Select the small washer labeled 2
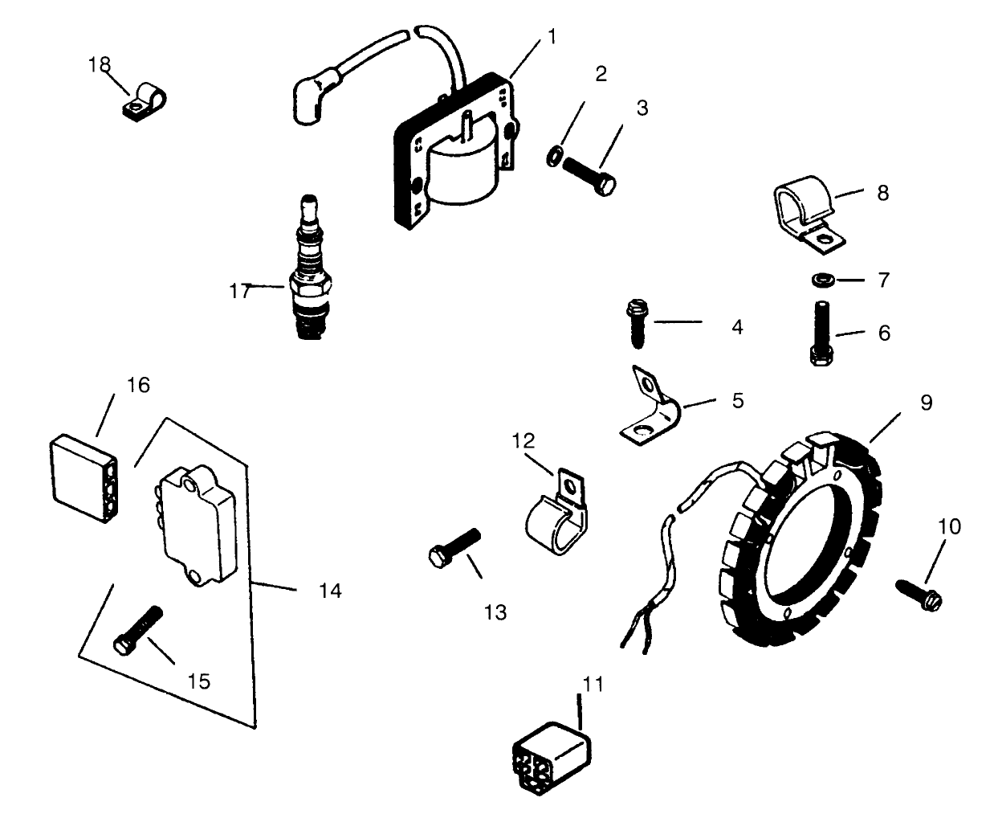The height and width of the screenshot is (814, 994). click(x=554, y=156)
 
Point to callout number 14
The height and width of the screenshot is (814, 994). click(x=329, y=591)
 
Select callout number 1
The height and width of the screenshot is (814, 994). click(x=552, y=36)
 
